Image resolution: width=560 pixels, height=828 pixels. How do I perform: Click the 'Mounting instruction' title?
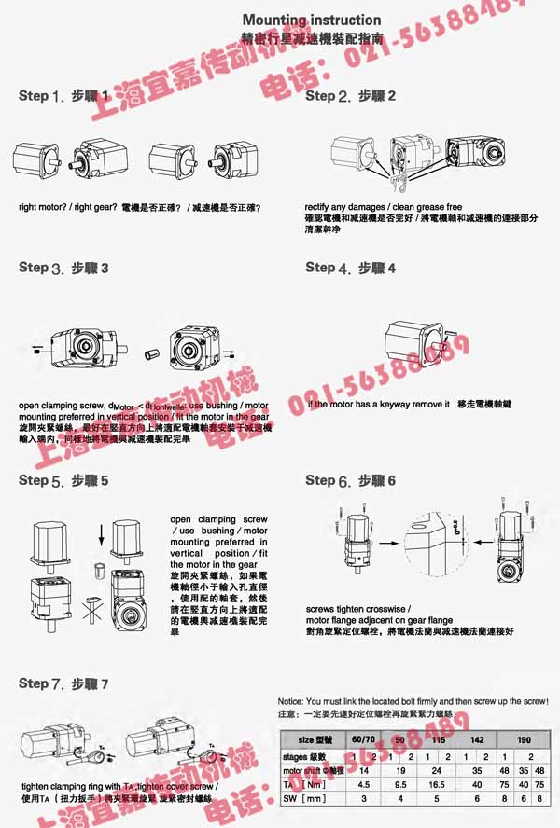coord(312,20)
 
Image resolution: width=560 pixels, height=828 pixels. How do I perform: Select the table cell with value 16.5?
coord(435,785)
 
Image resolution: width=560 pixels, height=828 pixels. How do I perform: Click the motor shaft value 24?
coord(435,771)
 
